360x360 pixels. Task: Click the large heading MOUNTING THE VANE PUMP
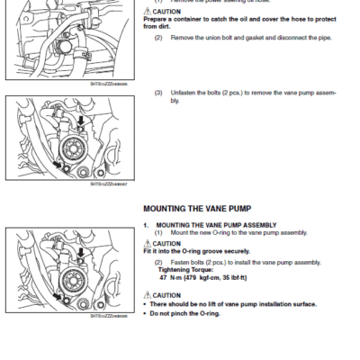click(x=196, y=207)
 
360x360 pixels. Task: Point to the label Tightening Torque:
click(x=181, y=269)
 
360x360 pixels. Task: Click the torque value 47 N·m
click(x=169, y=276)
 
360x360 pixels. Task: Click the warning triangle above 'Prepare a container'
click(x=147, y=12)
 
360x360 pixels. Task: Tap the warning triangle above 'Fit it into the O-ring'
click(x=147, y=243)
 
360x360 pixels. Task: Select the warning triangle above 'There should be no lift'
click(x=147, y=294)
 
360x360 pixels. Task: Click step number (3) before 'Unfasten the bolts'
click(x=158, y=92)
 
